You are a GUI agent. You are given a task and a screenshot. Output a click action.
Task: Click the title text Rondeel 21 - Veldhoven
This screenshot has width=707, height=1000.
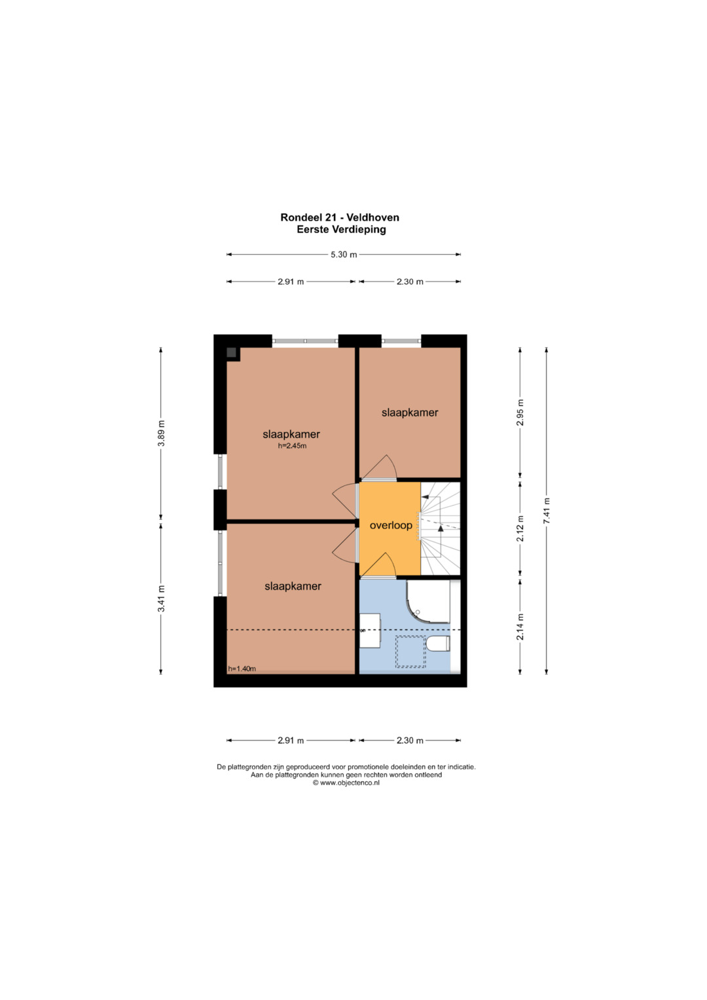[340, 217]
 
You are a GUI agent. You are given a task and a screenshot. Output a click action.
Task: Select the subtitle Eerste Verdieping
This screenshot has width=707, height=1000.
[342, 229]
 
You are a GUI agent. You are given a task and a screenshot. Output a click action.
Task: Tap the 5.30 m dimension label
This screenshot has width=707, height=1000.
[344, 255]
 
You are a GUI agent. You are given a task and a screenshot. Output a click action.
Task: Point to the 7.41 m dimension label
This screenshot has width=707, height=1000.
[547, 511]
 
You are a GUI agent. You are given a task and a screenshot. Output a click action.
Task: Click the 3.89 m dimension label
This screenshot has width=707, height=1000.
[162, 433]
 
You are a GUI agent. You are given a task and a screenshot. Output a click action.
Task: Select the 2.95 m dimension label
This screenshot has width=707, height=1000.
[520, 413]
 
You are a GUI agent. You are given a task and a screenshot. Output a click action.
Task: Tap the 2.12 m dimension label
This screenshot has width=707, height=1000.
[520, 528]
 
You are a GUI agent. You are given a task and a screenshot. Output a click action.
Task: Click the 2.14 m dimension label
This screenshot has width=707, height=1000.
[520, 626]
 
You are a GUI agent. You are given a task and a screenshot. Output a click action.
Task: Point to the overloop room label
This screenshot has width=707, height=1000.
[391, 525]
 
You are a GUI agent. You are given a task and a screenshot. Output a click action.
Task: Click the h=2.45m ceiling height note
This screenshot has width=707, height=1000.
[293, 445]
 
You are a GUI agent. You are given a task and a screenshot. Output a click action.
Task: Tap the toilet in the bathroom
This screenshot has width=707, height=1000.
[438, 644]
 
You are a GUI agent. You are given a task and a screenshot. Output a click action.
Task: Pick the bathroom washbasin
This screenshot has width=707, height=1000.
[370, 631]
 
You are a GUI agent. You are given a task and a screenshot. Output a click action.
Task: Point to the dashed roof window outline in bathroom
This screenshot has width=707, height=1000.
[410, 652]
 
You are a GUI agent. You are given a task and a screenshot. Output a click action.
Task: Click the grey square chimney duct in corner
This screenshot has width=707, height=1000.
[231, 352]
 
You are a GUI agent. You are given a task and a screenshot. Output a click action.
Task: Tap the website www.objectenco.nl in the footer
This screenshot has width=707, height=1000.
[346, 783]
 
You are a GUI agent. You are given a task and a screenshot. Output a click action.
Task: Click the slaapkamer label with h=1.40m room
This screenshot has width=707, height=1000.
[293, 586]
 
